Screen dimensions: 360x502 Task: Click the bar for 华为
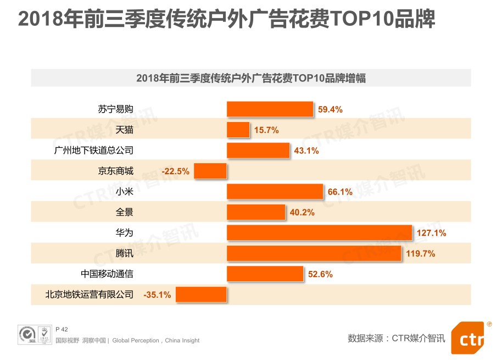[319, 232]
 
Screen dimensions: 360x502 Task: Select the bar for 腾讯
[314, 253]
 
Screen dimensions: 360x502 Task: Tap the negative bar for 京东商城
[210, 171]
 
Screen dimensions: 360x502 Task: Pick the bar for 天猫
[238, 130]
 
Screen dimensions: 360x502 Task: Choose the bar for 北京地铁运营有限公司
[201, 295]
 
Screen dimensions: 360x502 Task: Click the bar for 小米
[275, 191]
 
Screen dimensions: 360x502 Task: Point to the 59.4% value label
[330, 109]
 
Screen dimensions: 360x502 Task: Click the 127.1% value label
[431, 233]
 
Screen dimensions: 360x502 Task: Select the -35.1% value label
[157, 295]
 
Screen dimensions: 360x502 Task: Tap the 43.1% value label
[306, 151]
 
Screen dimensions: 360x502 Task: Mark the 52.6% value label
[320, 274]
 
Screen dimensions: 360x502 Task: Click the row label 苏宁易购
[116, 109]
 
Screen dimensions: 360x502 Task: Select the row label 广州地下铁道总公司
[94, 151]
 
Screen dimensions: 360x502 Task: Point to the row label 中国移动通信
[107, 274]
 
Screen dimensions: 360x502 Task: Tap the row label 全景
[125, 212]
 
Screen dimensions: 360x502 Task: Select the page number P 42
[62, 329]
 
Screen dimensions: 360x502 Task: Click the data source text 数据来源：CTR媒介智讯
[396, 338]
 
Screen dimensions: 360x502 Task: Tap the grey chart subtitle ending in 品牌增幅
[251, 78]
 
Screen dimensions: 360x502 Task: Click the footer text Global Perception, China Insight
[156, 341]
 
